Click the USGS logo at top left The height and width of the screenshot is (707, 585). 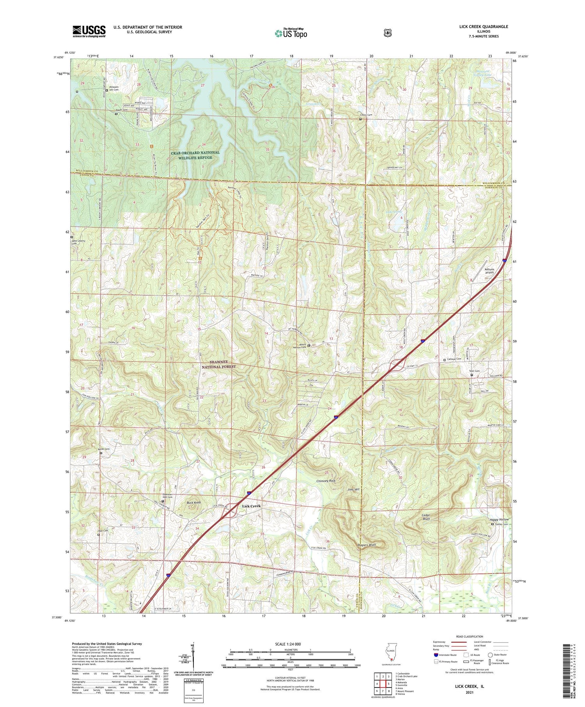89,31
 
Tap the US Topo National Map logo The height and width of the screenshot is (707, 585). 291,33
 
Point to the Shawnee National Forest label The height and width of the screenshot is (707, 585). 218,364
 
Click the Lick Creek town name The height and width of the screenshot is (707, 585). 251,506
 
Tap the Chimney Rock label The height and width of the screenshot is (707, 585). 326,481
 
